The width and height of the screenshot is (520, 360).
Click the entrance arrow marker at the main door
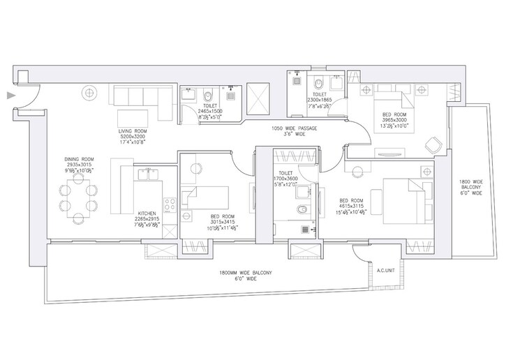(x=9, y=96)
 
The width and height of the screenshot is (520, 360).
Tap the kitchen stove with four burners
(x=169, y=205)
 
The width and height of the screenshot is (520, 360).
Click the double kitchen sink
(x=149, y=173)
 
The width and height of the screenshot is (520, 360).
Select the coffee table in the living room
(x=133, y=115)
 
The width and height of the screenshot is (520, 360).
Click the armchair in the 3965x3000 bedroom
(x=432, y=145)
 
